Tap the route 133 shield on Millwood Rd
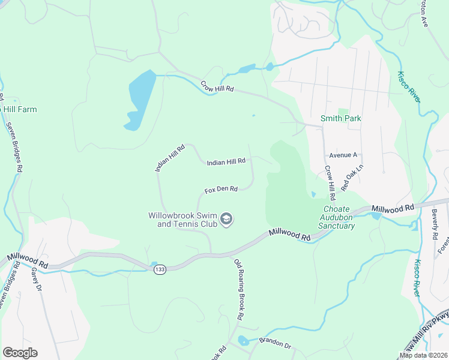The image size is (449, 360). pos(159,269)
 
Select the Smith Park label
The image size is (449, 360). pos(341,118)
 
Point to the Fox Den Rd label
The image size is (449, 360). pos(221,190)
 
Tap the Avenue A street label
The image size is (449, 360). pos(343,155)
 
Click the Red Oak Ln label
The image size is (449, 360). pos(352,178)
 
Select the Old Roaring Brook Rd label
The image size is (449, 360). pos(238,289)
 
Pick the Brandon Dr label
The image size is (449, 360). pos(274,346)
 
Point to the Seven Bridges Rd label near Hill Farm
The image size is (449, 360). pos(15,148)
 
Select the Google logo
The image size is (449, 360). pos(20,353)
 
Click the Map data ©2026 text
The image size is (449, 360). pos(423,355)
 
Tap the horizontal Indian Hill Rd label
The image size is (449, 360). pos(226,161)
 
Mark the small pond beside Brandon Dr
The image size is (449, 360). pos(243,341)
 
